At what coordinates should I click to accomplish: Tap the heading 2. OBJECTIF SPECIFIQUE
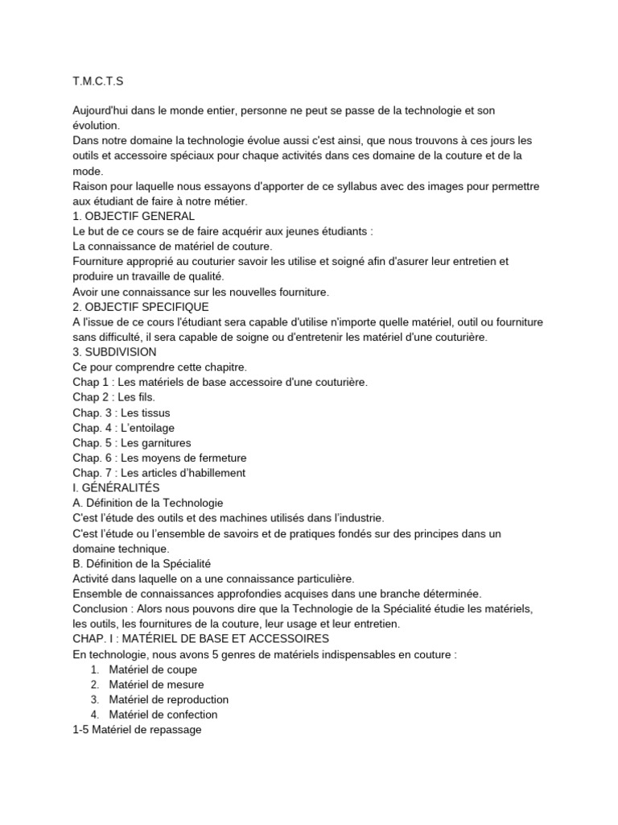[140, 307]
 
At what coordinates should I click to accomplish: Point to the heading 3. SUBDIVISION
[114, 352]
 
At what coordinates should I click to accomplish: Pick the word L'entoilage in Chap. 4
[147, 428]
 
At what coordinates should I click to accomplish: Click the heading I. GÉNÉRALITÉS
[116, 488]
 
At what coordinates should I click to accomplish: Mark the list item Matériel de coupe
[153, 670]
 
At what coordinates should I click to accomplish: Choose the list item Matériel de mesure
[158, 684]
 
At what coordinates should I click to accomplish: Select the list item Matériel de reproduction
[169, 699]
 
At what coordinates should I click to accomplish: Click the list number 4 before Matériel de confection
[94, 715]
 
